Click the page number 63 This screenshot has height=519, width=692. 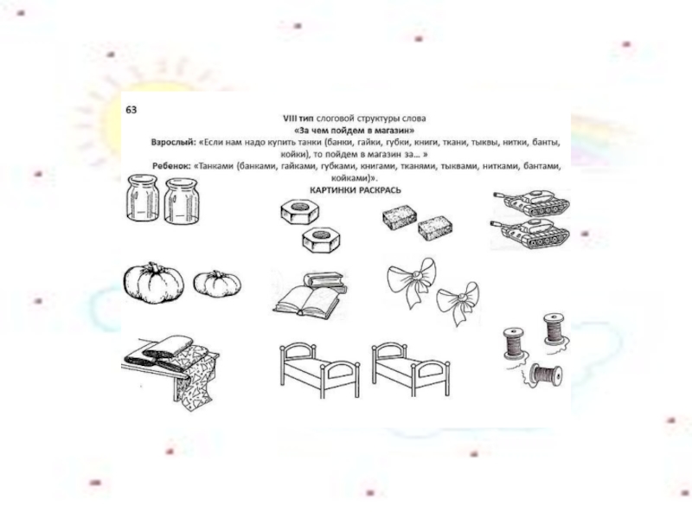131,110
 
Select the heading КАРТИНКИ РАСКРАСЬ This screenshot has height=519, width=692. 356,190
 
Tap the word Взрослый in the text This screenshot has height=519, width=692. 173,143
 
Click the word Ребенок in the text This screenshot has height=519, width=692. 171,166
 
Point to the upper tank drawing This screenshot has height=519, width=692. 532,202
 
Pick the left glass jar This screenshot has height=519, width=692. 142,197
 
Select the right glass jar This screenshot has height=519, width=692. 182,201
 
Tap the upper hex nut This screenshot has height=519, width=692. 299,211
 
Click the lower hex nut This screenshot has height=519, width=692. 321,240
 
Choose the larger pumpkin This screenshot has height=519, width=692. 153,283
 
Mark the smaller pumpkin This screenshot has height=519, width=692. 217,284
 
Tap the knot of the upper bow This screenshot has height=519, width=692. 415,277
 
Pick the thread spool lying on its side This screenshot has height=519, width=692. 546,375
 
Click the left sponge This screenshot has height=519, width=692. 400,219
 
